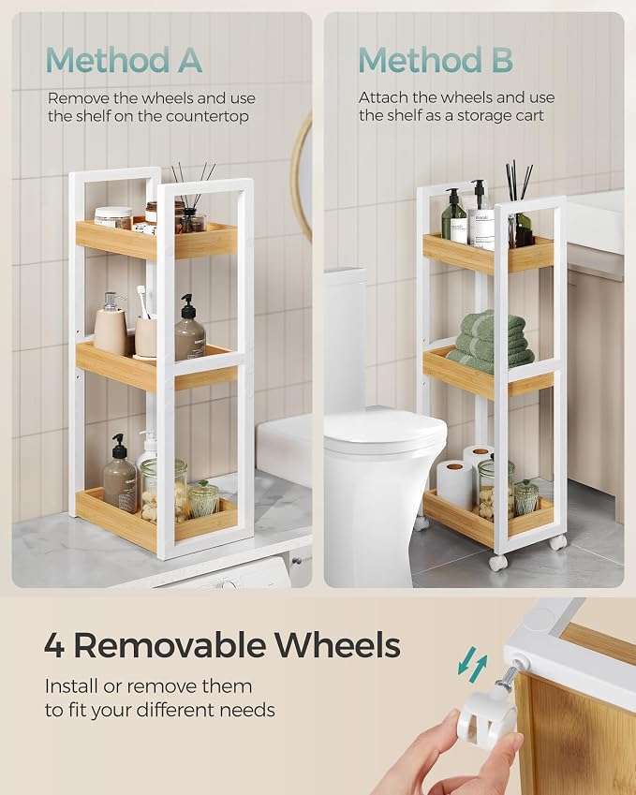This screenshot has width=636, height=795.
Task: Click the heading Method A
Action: (125, 60)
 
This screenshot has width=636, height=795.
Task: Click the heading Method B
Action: (436, 60)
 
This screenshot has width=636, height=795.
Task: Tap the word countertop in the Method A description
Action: (207, 117)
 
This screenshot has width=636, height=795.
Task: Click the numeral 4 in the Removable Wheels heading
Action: (54, 645)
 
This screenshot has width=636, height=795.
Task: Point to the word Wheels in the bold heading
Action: (337, 644)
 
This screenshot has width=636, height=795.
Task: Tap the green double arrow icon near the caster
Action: (472, 661)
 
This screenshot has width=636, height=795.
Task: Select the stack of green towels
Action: (489, 342)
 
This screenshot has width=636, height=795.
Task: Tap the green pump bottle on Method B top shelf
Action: (453, 216)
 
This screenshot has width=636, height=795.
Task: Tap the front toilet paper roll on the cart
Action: (454, 484)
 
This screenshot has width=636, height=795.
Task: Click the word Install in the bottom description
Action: (71, 686)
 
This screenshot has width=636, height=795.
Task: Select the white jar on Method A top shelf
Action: (112, 217)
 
